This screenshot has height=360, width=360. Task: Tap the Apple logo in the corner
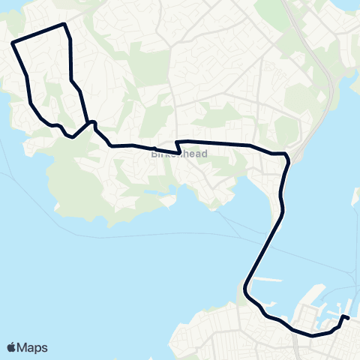12,347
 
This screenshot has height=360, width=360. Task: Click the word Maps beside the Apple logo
33,347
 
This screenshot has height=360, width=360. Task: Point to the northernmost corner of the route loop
65,25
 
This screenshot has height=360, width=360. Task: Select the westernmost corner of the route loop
13,42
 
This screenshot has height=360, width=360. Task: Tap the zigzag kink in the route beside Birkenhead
178,147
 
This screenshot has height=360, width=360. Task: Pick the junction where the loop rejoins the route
90,122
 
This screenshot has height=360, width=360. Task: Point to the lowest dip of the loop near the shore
70,136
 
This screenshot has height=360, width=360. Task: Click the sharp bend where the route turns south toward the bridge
286,155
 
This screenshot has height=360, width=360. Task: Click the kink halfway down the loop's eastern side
72,80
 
